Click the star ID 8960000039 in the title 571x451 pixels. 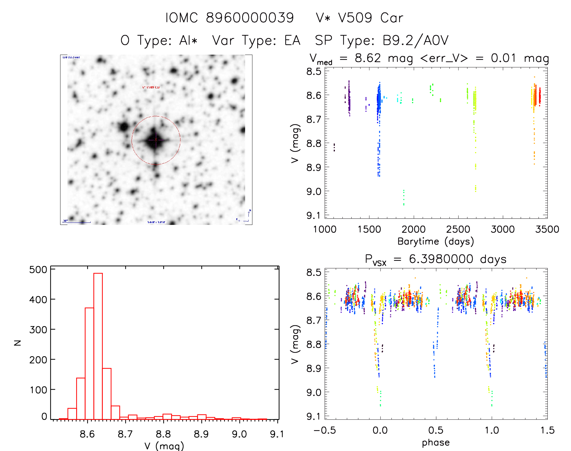pos(250,18)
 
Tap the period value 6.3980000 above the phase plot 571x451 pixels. pos(441,259)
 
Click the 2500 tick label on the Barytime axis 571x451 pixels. pos(458,229)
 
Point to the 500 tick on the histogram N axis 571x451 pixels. pos(38,270)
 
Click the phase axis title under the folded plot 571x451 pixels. pos(436,443)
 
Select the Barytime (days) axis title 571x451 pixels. pos(436,241)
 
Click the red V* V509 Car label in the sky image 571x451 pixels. pos(151,87)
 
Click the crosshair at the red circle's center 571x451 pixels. pos(156,140)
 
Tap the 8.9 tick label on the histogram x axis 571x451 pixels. pos(201,434)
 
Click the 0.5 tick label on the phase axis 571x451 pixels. pos(436,430)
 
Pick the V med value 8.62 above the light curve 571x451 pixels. pos(368,58)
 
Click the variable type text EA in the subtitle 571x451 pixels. pos(292,41)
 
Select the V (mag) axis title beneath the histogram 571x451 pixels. pos(164,446)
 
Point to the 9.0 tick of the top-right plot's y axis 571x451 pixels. pos(314,191)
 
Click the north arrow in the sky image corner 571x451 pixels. pos(249,213)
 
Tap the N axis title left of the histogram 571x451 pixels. pos(18,343)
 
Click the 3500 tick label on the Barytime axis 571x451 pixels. pos(547,229)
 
